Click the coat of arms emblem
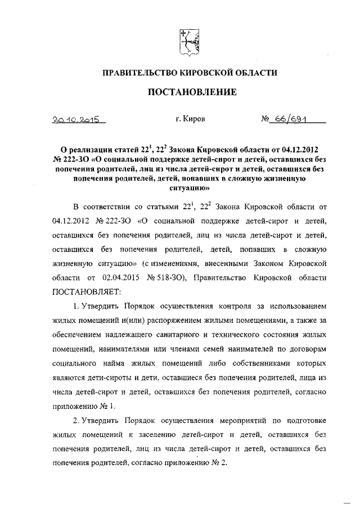coord(187,43)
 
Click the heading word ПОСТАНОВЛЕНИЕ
coord(187,92)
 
